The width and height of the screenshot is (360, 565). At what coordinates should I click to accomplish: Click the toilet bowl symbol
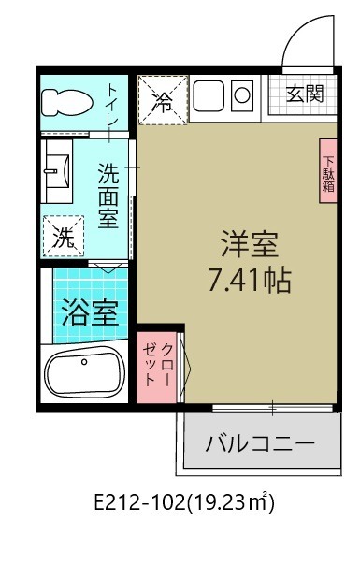(67, 102)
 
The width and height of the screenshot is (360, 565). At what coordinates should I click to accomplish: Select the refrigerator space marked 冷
(164, 100)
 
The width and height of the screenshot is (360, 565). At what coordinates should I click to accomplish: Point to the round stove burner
(242, 95)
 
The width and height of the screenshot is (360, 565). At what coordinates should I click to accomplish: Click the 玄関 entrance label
(305, 94)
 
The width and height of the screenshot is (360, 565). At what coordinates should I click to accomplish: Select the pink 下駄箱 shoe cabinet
(328, 170)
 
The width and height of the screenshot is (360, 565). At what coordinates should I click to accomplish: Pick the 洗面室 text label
(108, 196)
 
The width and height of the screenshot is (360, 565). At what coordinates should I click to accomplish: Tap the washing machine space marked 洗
(64, 237)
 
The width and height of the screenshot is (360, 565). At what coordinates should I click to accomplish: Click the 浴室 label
(90, 312)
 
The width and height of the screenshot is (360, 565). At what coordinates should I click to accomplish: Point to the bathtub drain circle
(84, 361)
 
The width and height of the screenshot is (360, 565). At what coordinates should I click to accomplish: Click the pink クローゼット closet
(156, 367)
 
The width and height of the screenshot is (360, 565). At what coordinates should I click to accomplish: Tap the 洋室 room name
(250, 244)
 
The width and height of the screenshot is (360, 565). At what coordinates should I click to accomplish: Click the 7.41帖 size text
(249, 280)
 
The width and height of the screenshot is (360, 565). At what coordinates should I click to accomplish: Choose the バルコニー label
(260, 442)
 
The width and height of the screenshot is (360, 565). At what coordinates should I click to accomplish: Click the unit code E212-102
(139, 502)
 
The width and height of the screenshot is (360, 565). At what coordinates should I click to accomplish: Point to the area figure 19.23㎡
(231, 502)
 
